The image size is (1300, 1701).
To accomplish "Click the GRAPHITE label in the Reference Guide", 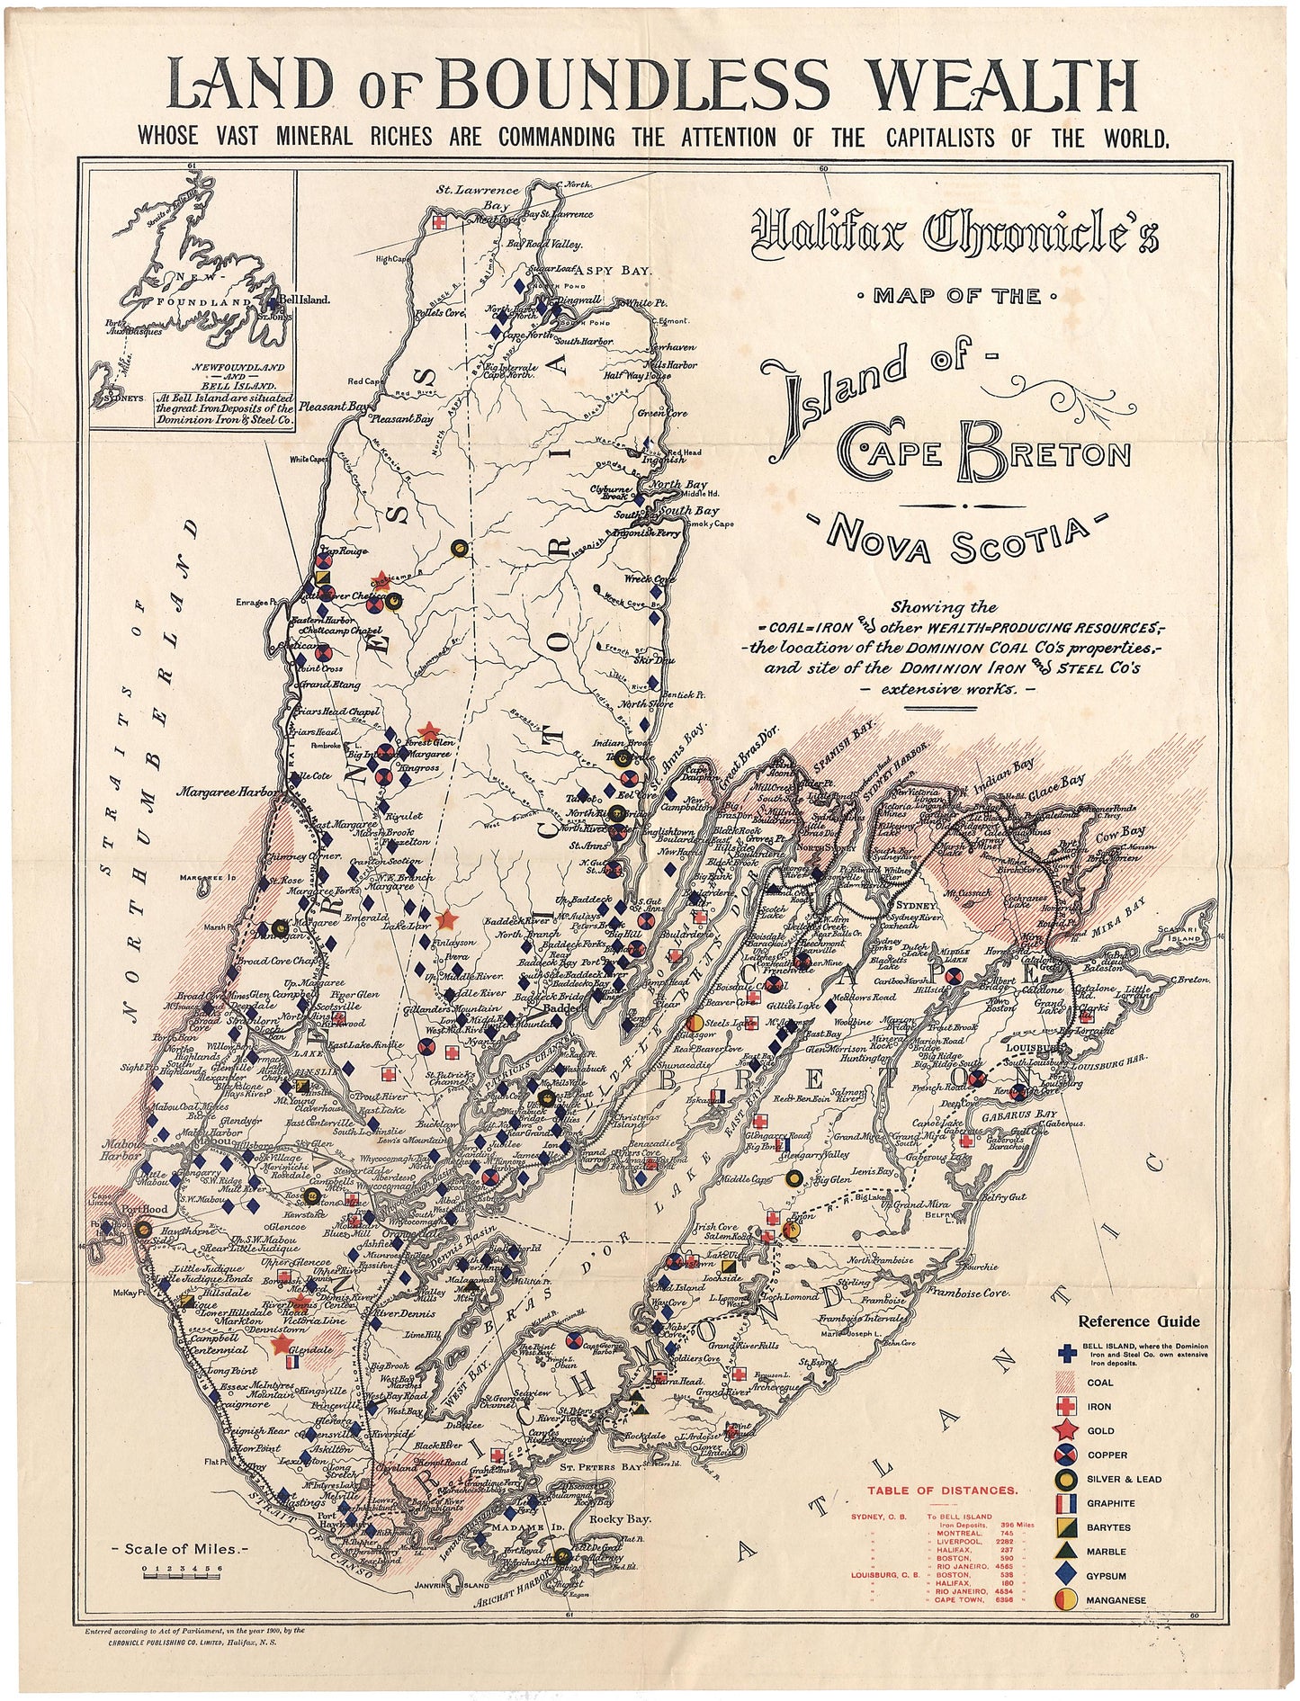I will coord(1111,1503).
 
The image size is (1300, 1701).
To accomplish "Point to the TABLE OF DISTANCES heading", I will coord(942,1491).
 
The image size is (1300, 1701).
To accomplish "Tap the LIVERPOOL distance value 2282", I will coord(1005,1541).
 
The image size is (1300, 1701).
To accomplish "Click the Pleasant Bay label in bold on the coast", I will coord(335,407).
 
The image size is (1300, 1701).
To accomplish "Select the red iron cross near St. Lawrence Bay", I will coord(439,221).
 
